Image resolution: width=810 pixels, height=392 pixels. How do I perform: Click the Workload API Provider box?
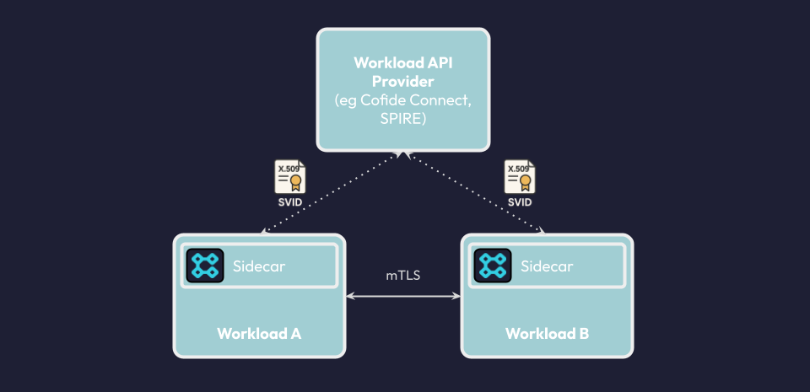(403, 90)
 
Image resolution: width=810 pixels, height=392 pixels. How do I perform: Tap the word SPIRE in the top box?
(403, 121)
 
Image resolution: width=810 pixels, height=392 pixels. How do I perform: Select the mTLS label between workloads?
(402, 276)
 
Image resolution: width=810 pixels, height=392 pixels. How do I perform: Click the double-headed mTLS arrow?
(403, 296)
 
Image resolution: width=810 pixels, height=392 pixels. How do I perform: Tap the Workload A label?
(259, 333)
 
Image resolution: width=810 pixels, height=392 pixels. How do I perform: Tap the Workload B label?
(547, 333)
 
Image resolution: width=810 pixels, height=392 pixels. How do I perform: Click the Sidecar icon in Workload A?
(204, 266)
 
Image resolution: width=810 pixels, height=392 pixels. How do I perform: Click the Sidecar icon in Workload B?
(492, 266)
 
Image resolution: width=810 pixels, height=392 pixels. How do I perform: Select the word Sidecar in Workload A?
(259, 267)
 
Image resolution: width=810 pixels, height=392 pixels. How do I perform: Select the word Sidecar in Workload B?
(547, 267)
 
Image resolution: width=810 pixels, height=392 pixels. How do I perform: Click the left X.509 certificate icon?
(289, 177)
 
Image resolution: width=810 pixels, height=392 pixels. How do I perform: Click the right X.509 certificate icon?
(520, 177)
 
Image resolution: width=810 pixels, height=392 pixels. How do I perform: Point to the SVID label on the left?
(289, 203)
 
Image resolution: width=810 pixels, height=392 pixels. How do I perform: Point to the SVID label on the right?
(520, 203)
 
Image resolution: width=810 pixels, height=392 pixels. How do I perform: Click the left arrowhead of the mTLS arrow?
(350, 296)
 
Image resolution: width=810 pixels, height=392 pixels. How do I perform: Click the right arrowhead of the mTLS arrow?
(456, 296)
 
